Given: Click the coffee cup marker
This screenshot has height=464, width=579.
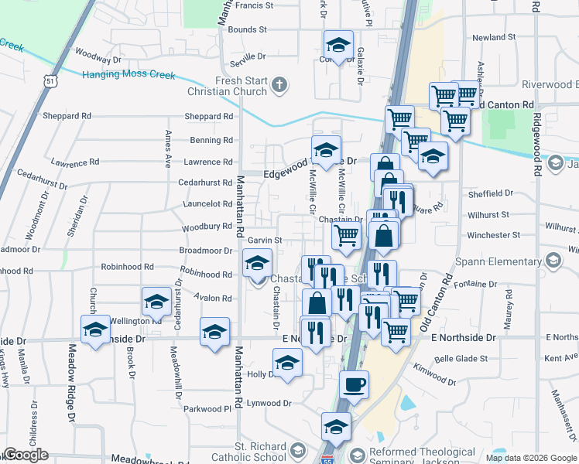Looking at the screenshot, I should [x=355, y=384].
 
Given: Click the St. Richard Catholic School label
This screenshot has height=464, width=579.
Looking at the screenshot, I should [x=245, y=452].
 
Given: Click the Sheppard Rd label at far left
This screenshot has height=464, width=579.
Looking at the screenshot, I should [x=68, y=116].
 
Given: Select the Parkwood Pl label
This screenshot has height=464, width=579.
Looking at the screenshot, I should [x=207, y=408].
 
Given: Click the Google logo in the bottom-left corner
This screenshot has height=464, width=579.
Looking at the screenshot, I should [x=26, y=455].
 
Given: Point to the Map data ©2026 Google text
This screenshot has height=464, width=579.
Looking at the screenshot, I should [x=530, y=458].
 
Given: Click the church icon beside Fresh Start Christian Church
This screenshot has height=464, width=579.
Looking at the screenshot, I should [x=280, y=84].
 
